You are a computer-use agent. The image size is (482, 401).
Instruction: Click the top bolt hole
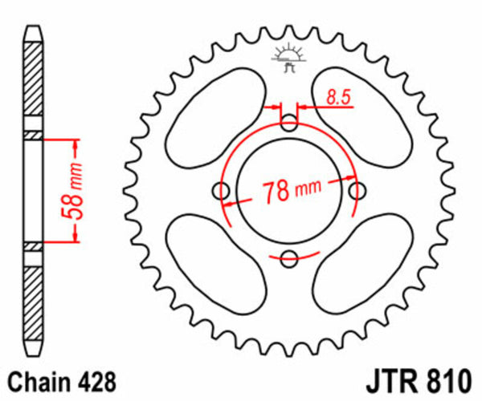tap(290, 123)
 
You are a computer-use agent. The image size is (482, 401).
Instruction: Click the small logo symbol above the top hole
tap(288, 59)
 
